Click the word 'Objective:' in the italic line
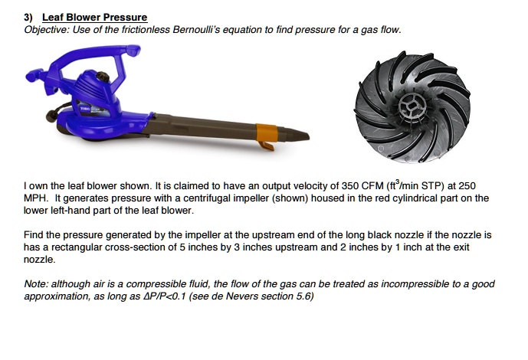[48, 29]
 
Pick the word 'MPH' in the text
[38, 198]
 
